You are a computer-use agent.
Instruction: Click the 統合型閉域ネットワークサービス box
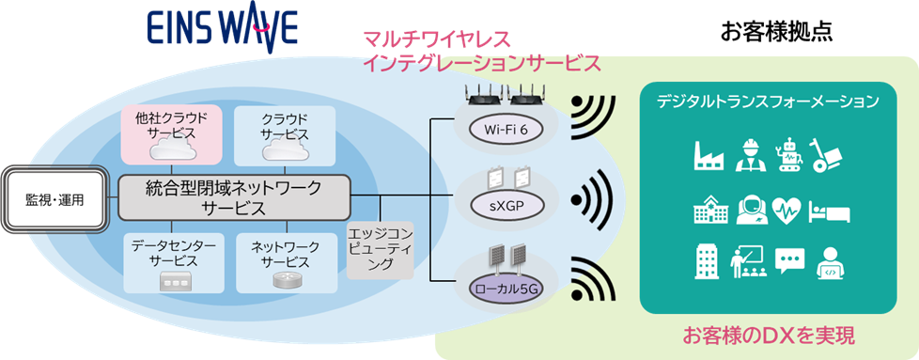coord(233,198)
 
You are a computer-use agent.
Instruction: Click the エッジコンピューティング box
coord(381,249)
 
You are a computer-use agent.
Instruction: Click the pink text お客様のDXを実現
coord(768,335)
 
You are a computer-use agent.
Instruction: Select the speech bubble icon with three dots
coord(789,260)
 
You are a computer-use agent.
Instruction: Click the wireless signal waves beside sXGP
coord(592,199)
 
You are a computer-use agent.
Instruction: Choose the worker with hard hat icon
coord(749,155)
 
